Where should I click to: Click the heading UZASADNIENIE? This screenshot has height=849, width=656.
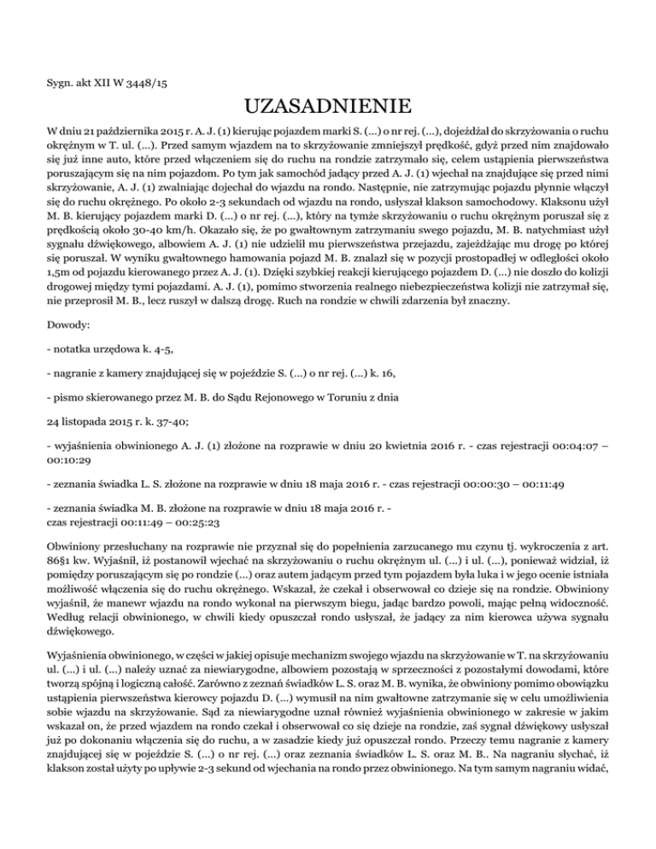[x=328, y=108]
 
